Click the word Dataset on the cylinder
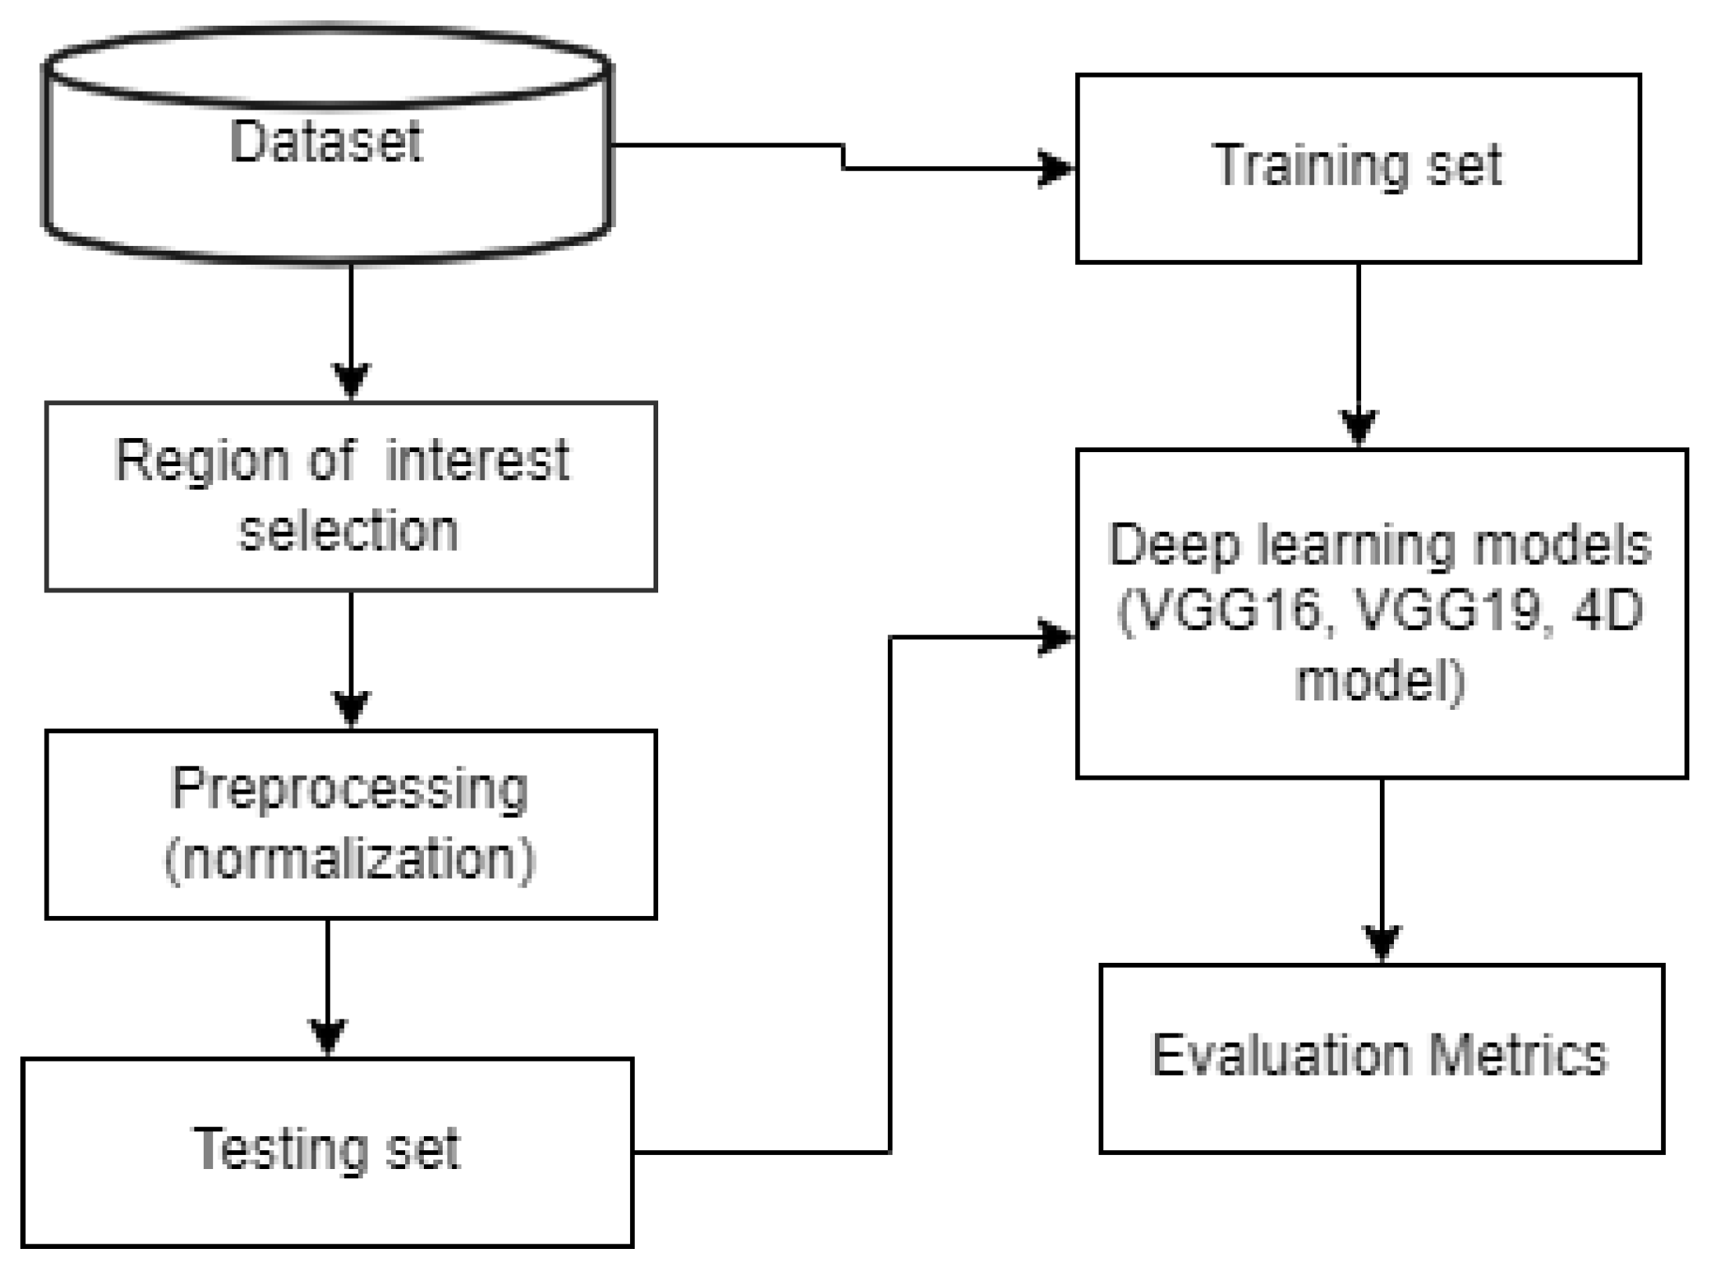pos(326,143)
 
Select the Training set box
pos(1357,168)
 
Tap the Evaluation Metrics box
pos(1381,1058)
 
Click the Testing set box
pos(327,1152)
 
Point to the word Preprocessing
pos(349,789)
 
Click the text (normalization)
pos(349,860)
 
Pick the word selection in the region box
pos(349,532)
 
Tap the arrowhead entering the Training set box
pos(1056,168)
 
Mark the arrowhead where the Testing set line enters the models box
pos(1056,637)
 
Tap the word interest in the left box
pos(477,461)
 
